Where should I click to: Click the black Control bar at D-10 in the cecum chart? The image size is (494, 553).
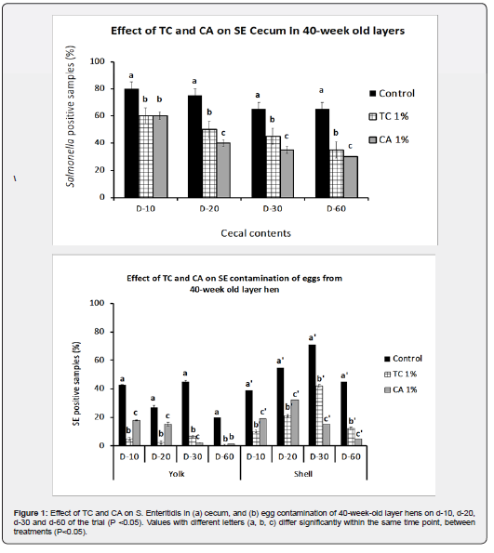(x=131, y=143)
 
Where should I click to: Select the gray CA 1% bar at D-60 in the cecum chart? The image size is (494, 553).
(x=351, y=177)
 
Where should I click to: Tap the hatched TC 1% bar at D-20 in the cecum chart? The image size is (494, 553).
(x=209, y=164)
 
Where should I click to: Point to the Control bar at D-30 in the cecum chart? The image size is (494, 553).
(x=259, y=153)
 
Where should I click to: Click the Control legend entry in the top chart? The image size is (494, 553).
(x=392, y=94)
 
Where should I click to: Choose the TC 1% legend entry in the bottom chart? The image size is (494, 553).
(x=401, y=375)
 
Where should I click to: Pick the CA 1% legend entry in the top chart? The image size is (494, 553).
(x=389, y=140)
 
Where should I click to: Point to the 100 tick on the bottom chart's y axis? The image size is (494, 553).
(x=97, y=303)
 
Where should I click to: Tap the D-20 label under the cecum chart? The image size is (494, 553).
(x=209, y=209)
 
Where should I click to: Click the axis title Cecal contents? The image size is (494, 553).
(x=256, y=233)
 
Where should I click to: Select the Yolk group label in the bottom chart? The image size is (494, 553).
(x=177, y=474)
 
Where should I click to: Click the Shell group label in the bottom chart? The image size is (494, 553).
(x=303, y=474)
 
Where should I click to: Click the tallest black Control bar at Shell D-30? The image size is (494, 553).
(x=313, y=395)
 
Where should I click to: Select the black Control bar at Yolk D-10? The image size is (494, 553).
(x=122, y=415)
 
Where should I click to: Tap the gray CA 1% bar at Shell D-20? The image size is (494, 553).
(x=295, y=423)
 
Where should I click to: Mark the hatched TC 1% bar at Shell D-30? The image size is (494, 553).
(x=319, y=415)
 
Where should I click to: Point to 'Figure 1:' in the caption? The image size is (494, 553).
(x=30, y=513)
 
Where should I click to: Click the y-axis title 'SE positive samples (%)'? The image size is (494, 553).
(x=76, y=384)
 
